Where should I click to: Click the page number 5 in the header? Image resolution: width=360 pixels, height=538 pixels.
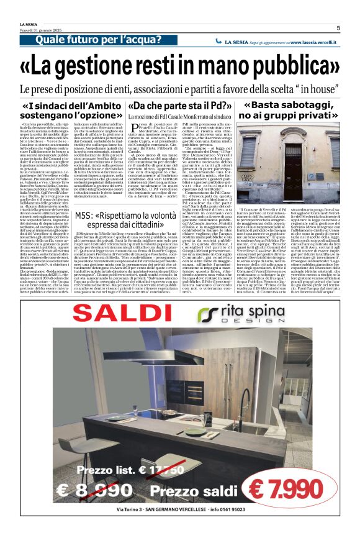(x=338, y=27)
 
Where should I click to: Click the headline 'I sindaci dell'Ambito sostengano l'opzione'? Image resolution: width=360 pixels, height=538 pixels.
(x=71, y=110)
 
